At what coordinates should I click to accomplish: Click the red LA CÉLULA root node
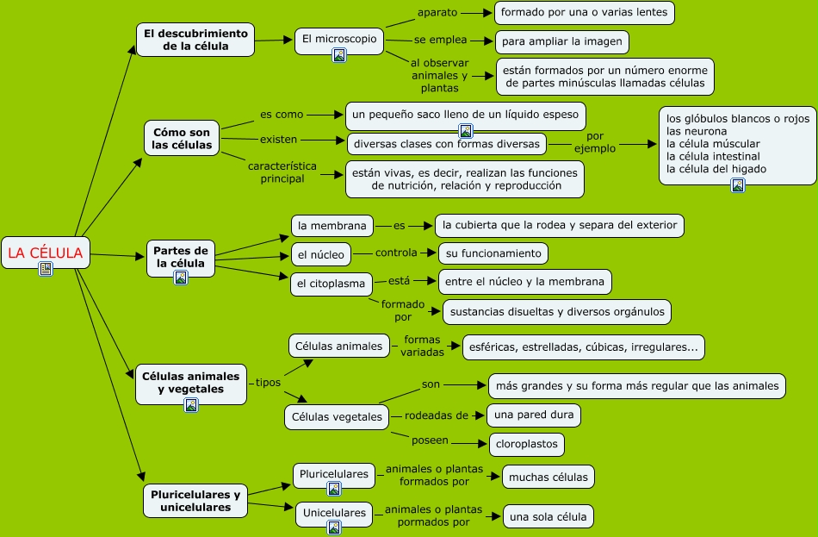[x=46, y=253]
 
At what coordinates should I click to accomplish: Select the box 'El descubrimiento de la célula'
[x=195, y=40]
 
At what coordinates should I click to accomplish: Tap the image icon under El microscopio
[x=339, y=55]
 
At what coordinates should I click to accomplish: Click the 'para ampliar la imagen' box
[x=562, y=41]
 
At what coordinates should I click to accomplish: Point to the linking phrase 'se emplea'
[x=440, y=40]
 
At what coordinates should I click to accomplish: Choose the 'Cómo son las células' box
[x=182, y=139]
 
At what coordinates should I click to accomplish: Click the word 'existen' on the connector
[x=279, y=140]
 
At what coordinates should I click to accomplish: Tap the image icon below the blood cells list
[x=738, y=185]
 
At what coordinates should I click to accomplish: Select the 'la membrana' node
[x=332, y=226]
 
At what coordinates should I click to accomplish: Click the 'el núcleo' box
[x=321, y=254]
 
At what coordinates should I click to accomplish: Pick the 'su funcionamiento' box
[x=493, y=254]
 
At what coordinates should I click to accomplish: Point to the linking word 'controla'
[x=396, y=253]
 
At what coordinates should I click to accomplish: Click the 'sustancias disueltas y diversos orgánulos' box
[x=557, y=312]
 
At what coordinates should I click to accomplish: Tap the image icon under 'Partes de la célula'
[x=181, y=278]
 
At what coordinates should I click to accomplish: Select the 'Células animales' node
[x=339, y=346]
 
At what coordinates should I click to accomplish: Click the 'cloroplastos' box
[x=527, y=444]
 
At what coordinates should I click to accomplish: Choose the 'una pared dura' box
[x=534, y=415]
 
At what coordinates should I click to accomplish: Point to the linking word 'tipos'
[x=268, y=383]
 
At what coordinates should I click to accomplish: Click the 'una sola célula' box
[x=548, y=516]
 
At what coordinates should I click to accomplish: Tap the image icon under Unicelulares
[x=334, y=528]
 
